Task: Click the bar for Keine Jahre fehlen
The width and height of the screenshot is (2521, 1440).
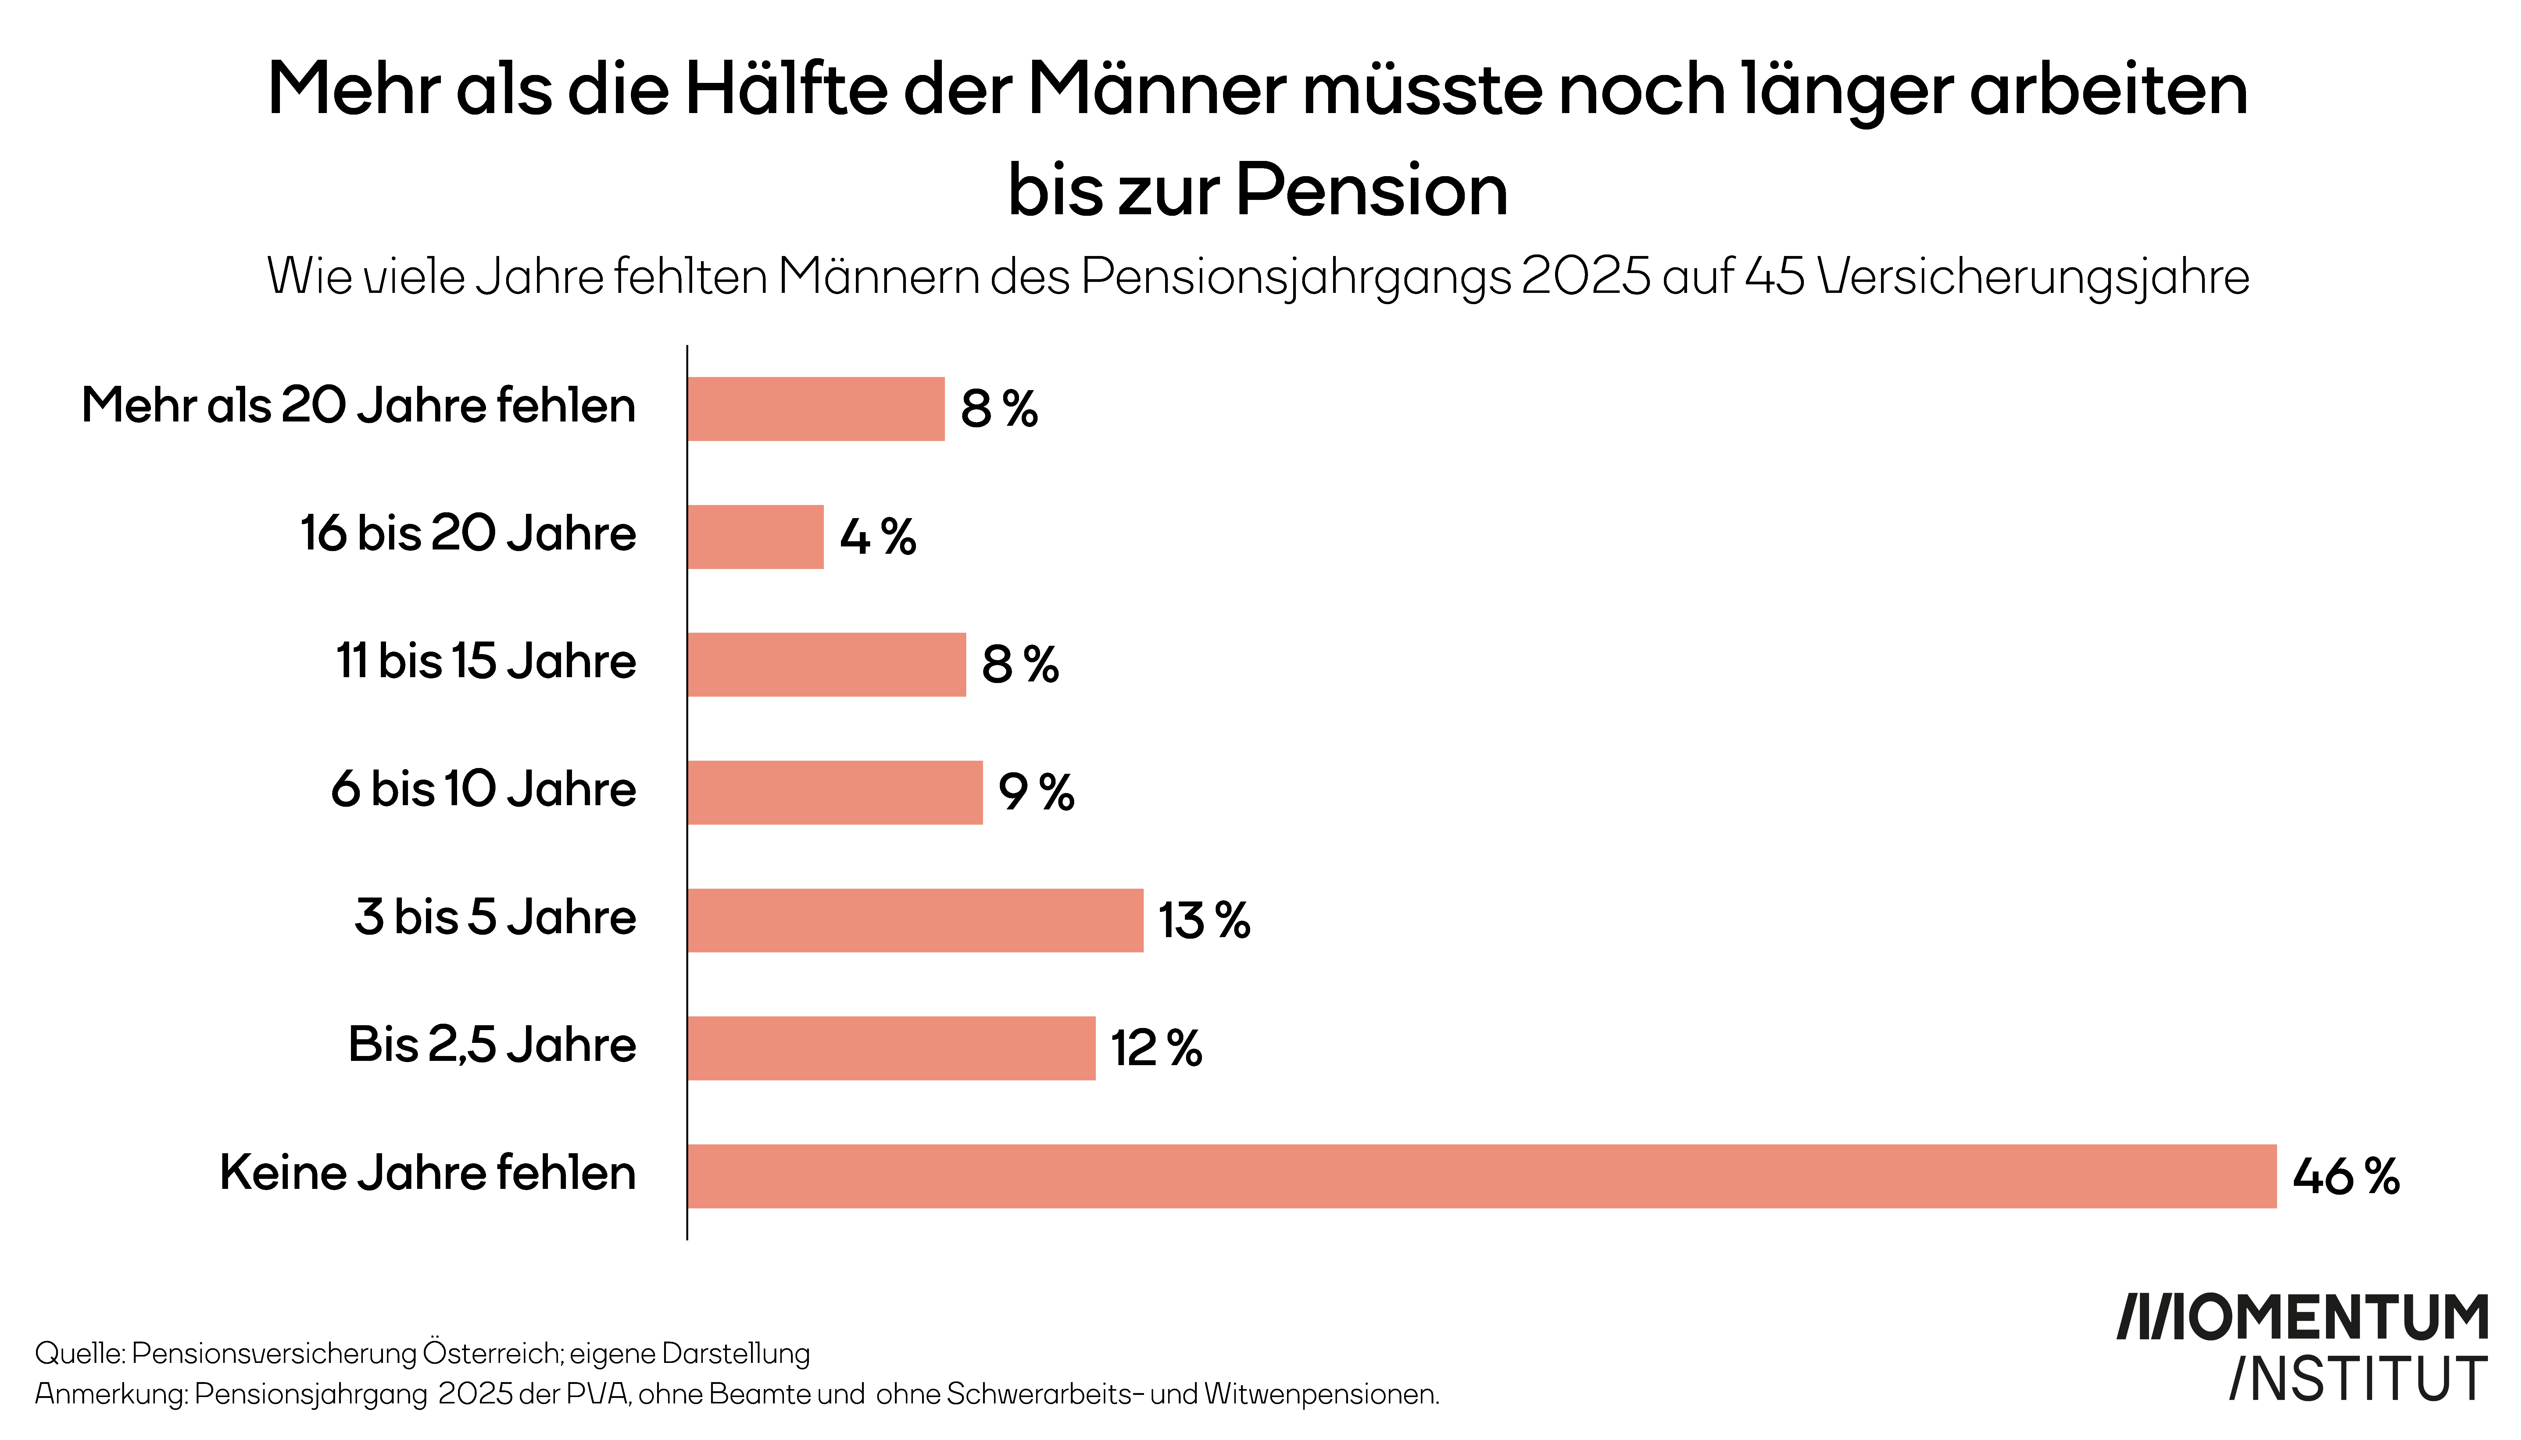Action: (1482, 1176)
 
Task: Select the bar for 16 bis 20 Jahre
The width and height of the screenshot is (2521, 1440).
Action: (756, 537)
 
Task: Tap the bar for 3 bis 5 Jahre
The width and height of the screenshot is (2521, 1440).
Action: (915, 920)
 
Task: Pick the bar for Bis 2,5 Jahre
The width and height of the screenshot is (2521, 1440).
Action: (892, 1048)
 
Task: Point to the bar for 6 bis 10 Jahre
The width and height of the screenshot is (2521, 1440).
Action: (835, 792)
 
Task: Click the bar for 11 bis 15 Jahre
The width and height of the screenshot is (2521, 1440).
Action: (826, 665)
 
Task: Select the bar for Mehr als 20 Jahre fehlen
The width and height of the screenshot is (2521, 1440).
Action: (816, 408)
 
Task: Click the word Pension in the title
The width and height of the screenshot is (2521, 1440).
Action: (1372, 190)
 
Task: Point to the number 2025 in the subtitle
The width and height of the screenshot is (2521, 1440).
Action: (1586, 277)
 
